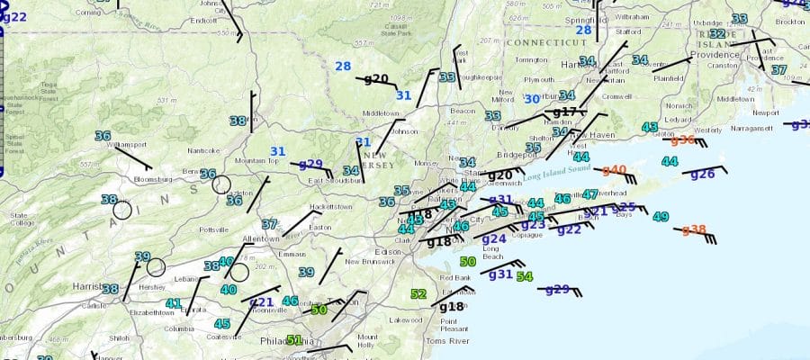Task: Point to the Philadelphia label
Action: coord(287,343)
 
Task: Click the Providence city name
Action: coord(715,55)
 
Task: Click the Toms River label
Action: coord(447,342)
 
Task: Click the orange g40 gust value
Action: coord(614,169)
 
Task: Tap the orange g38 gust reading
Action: coord(693,229)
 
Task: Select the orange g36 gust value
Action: coord(683,139)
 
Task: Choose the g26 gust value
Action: coord(702,174)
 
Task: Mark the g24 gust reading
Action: coord(494,238)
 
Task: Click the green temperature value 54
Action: coord(524,277)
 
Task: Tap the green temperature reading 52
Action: coord(418,294)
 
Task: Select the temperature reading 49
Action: coord(661,217)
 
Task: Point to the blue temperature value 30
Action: coord(532,99)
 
